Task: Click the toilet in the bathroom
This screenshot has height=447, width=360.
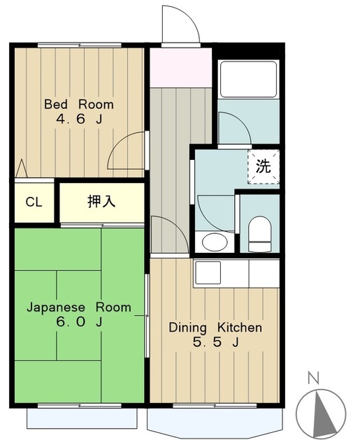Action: coord(259,234)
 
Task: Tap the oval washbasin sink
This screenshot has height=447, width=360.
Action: coord(215,242)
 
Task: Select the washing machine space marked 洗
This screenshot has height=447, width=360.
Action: coord(264,166)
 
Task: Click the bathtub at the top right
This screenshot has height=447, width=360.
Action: coord(248,79)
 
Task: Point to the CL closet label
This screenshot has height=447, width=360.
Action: coord(34,202)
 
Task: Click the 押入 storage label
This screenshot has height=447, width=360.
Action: coord(101,201)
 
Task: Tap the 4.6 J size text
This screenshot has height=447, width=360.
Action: coord(79,119)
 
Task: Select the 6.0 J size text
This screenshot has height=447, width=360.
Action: coord(79,322)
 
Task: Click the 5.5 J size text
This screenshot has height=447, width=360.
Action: coord(216,342)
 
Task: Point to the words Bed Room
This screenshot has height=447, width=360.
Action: coord(79,105)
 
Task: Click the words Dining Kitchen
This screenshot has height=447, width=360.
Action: coord(215,328)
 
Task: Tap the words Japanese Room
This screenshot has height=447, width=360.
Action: coord(79,307)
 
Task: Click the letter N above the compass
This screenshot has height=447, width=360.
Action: coord(313,379)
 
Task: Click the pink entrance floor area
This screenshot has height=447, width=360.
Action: coord(181,68)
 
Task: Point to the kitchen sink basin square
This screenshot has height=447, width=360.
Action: coord(208,272)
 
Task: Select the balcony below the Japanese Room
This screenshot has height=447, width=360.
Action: coord(82,418)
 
